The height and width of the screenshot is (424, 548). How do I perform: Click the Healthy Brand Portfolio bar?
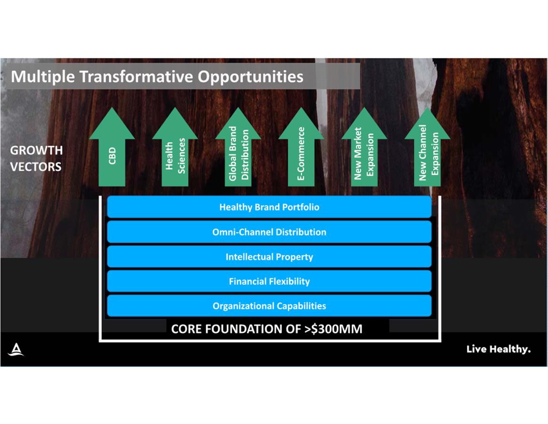269,207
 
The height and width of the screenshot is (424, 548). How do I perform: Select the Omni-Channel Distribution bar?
269,232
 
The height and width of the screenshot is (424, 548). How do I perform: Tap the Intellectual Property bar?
269,256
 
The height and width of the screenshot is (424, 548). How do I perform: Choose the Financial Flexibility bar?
269,281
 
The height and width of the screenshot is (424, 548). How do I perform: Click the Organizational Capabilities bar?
269,306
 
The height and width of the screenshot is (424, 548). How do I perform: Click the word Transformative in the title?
137,76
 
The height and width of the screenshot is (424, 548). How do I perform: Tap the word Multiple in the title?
43,77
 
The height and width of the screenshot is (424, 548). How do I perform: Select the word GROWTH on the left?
36,150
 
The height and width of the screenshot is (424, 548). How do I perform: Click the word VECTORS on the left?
36,166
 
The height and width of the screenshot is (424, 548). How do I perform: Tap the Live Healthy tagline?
499,349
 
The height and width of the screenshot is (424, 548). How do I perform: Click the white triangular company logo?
16,349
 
